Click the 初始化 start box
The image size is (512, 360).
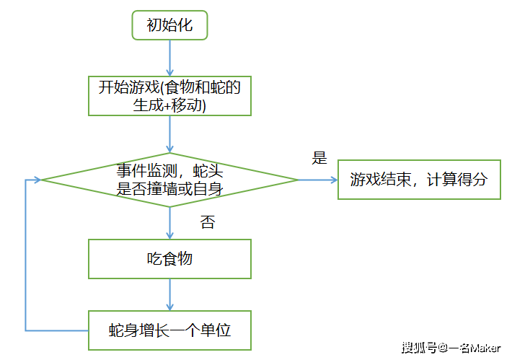coord(169,26)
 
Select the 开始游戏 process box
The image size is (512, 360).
coord(169,96)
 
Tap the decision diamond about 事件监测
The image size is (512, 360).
coord(169,180)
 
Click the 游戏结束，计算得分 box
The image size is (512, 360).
coord(419,180)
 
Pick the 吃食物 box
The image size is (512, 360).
coord(169,258)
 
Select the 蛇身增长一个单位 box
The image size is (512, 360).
coord(169,330)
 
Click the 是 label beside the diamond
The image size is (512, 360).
coord(319,158)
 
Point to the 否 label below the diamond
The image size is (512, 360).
coord(208,222)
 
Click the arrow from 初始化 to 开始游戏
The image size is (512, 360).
coord(169,58)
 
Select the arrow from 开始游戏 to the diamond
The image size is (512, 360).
coord(169,133)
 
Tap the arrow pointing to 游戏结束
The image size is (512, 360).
coord(318,180)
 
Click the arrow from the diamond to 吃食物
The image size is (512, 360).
coord(169,223)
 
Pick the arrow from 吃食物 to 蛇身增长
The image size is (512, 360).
coord(169,294)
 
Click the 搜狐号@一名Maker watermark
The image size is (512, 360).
coord(451,348)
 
